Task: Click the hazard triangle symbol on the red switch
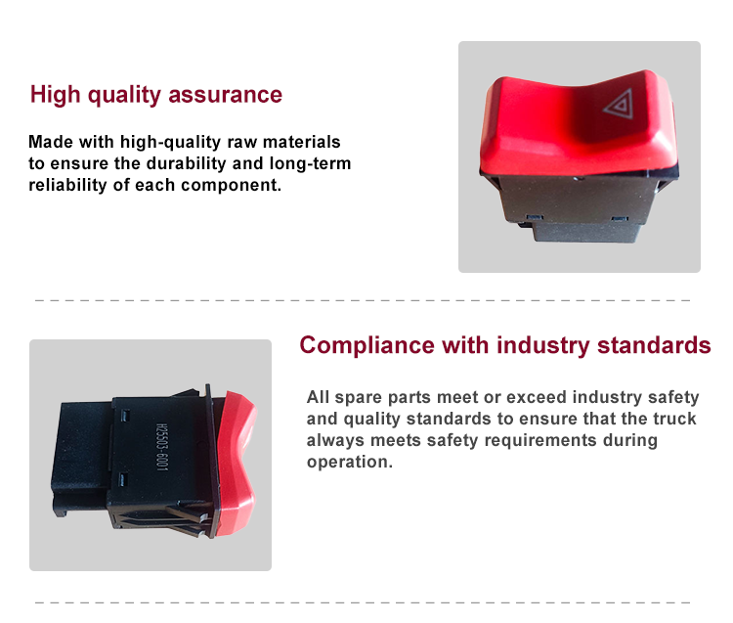pos(620,104)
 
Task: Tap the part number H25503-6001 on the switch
pos(161,447)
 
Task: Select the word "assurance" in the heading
pos(226,95)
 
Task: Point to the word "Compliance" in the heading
pos(366,346)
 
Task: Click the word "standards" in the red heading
pos(654,345)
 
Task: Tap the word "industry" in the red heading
pos(543,346)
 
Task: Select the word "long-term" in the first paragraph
pos(310,163)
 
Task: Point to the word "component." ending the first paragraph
pos(232,185)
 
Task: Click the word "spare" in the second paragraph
pos(359,397)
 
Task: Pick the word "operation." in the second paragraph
pos(350,462)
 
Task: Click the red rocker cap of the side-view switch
pos(237,463)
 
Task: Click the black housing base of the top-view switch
pos(579,205)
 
